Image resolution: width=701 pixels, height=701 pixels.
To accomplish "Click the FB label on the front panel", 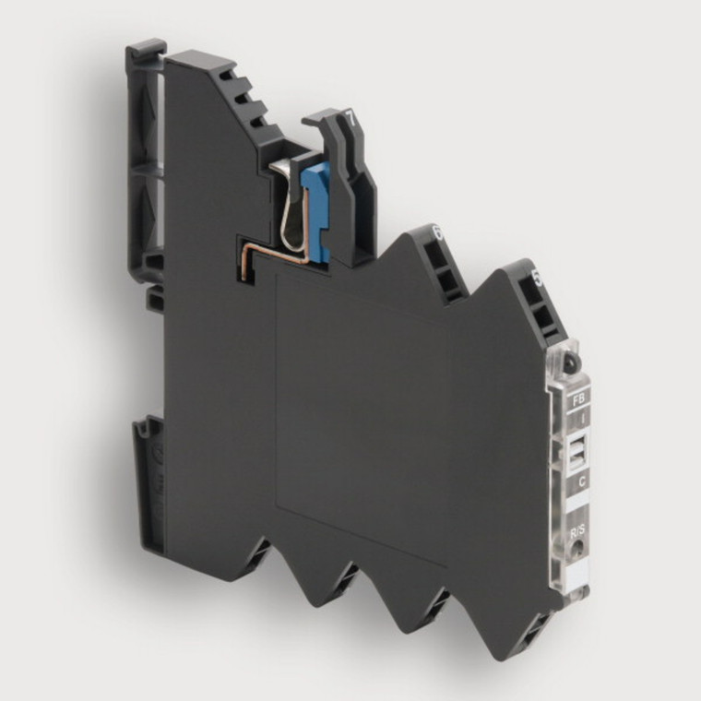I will [579, 400].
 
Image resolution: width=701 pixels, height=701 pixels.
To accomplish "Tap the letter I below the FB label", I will [579, 421].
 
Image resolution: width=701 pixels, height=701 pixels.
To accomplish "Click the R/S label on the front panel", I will [578, 532].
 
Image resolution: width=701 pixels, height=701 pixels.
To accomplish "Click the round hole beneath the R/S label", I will [577, 551].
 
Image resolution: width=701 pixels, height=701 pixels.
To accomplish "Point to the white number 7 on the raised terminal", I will [350, 117].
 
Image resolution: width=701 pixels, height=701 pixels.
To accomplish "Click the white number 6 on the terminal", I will [437, 233].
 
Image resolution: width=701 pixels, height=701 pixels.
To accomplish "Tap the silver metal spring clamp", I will [297, 208].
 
